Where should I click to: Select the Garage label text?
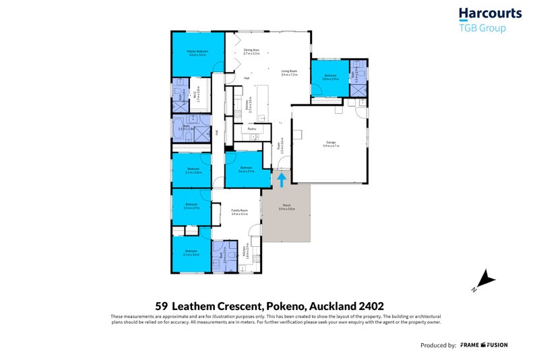pos(331,142)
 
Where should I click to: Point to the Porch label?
pos(286,208)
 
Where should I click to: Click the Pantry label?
pos(247,127)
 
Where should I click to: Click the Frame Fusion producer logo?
pos(484,345)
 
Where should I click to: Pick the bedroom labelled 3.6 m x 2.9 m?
pos(245,169)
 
